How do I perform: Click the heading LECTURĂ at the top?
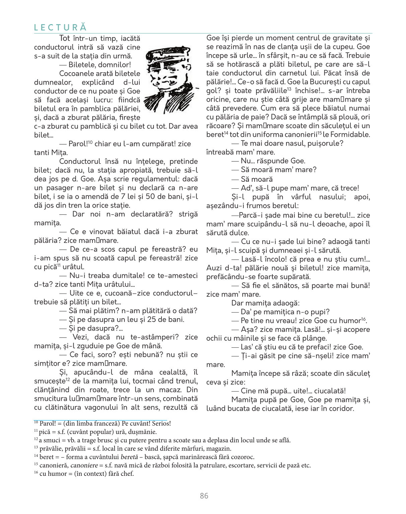coord(60,27)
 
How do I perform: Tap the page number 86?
coord(204,496)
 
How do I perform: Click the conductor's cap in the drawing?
coord(167,55)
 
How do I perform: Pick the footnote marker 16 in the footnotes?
coord(36,473)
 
